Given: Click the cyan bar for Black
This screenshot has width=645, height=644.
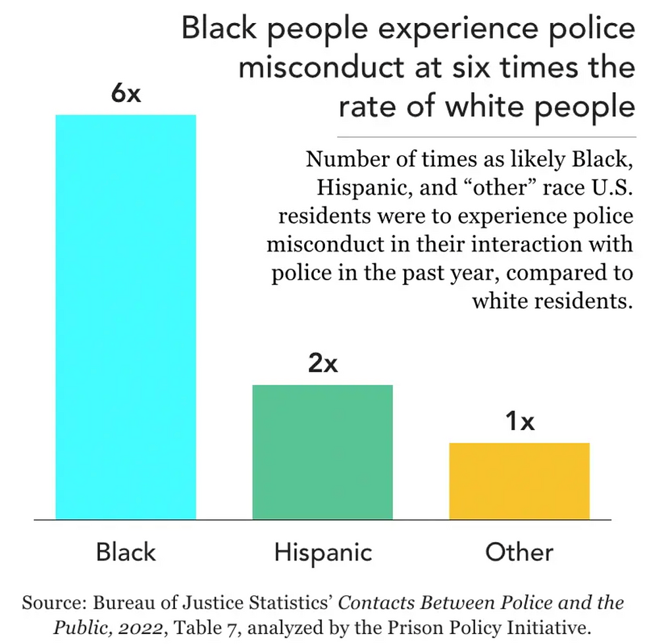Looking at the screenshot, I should [x=126, y=316].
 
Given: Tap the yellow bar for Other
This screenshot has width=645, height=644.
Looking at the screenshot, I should [x=519, y=481].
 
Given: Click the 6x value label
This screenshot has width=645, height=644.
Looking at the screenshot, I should [x=126, y=94].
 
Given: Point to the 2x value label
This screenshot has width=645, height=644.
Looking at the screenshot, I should [x=322, y=364].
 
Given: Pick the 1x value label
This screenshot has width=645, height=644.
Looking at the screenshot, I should [x=519, y=422].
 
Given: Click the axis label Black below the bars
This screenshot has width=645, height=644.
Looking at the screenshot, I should [x=126, y=551].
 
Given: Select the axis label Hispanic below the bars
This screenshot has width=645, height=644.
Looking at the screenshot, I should [x=322, y=551].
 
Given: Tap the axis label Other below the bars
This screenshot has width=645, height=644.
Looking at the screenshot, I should [x=519, y=551].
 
